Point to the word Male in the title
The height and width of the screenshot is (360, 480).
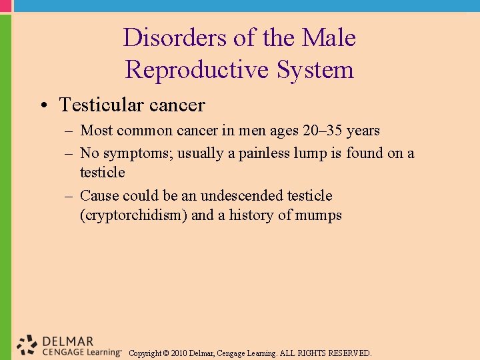coord(329,37)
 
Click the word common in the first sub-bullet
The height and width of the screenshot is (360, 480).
coord(142,131)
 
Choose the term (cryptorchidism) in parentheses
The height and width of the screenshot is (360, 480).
coord(133,215)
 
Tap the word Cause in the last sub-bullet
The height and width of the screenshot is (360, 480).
coord(97,196)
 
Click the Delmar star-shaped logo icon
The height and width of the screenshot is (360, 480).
coord(27,344)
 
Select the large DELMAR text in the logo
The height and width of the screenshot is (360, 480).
coord(67,341)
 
